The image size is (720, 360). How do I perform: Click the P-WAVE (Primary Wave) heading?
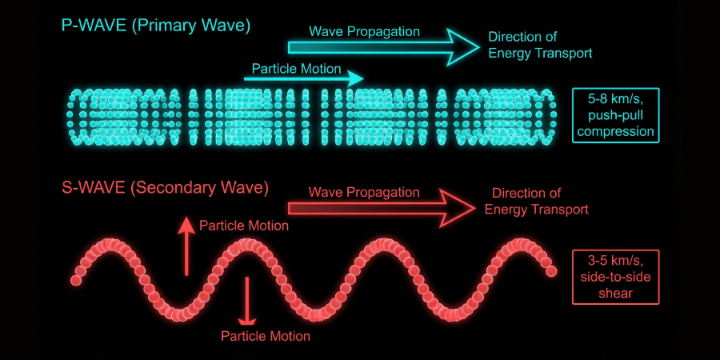pos(156,26)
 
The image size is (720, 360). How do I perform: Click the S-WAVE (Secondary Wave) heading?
pos(165,189)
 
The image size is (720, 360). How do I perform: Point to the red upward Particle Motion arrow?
pos(186,244)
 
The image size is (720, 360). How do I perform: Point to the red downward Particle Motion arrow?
pos(247,299)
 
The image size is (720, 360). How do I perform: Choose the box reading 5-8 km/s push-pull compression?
pos(616,115)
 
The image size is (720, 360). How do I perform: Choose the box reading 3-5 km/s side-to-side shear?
pos(616,277)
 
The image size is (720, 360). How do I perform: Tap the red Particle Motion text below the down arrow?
pos(265,336)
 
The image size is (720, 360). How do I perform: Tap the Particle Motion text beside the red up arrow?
pos(244,226)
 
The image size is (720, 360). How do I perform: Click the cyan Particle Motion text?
pos(297,67)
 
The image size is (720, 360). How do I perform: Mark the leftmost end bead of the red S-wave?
pos(77,280)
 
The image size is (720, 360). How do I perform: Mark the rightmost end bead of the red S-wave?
pos(551,272)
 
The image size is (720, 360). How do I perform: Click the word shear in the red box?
pos(616,293)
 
